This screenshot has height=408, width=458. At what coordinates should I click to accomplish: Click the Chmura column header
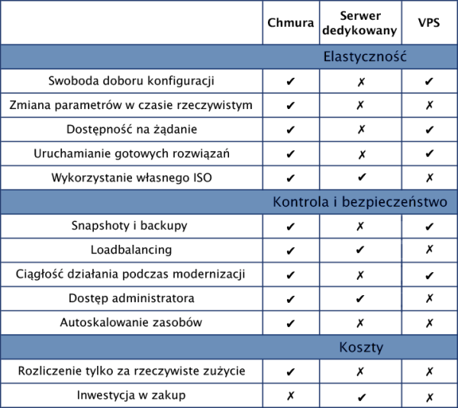[x=291, y=23]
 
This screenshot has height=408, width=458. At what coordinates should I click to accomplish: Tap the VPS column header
[x=429, y=23]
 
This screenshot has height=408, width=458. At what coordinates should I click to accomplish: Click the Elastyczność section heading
[x=365, y=56]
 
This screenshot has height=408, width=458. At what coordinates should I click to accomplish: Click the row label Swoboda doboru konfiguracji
[x=131, y=80]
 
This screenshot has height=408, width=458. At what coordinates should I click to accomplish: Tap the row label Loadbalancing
[x=131, y=249]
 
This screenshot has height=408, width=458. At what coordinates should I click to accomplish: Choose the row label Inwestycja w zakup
[x=131, y=395]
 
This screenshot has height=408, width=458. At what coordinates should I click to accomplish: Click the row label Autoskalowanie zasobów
[x=131, y=322]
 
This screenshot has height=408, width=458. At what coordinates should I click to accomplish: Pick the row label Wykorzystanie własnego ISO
[x=131, y=178]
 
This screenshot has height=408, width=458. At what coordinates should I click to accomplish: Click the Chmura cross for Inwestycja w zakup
[x=291, y=396]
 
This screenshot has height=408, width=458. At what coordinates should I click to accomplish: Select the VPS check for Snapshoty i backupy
[x=429, y=226]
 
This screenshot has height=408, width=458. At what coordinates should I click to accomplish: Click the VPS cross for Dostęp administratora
[x=429, y=298]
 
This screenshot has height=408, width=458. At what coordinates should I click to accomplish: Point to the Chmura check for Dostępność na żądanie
[x=291, y=130]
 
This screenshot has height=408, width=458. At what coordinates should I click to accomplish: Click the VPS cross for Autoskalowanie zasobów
[x=429, y=323]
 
